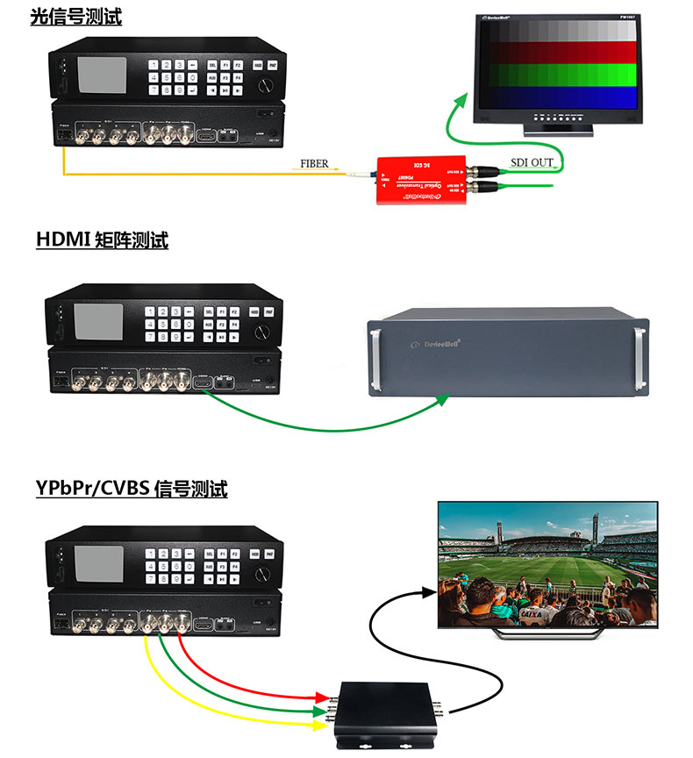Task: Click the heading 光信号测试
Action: [x=76, y=16]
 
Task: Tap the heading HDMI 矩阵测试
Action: [x=102, y=240]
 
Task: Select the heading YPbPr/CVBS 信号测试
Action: [x=132, y=489]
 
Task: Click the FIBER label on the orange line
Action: [x=314, y=164]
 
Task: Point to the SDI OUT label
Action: [x=532, y=161]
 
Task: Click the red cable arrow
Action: [x=325, y=697]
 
